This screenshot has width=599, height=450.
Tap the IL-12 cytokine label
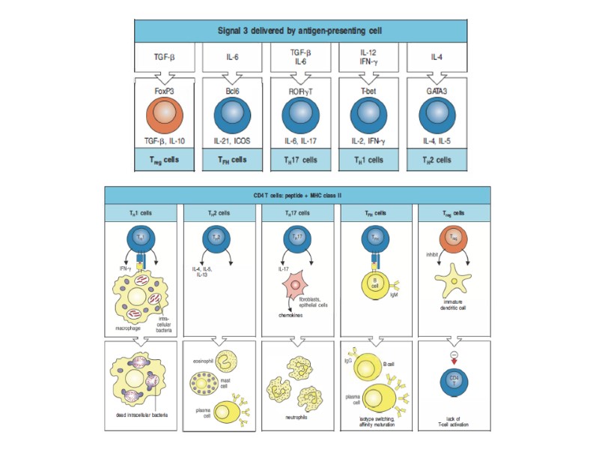click(368, 53)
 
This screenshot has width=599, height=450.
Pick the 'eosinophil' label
click(203, 360)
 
